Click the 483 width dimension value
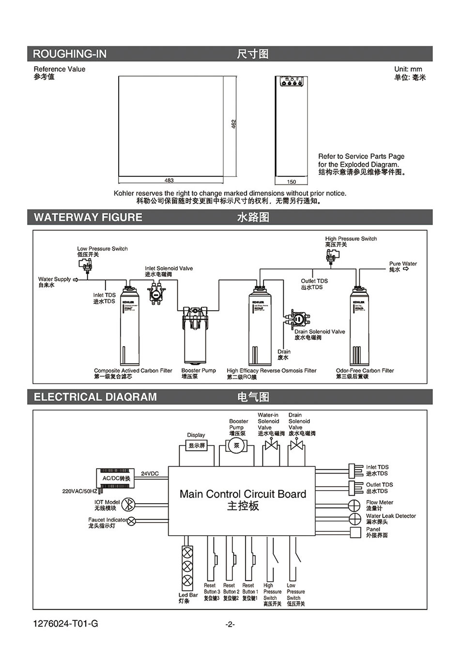click(x=169, y=181)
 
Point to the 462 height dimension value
click(x=233, y=124)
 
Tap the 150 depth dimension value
click(x=291, y=182)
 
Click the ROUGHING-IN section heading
click(x=69, y=54)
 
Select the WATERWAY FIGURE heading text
click(x=88, y=217)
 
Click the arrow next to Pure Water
click(x=406, y=270)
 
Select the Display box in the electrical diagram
click(x=196, y=445)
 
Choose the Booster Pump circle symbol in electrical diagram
click(x=237, y=446)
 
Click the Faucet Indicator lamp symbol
click(x=131, y=522)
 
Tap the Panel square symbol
click(x=356, y=532)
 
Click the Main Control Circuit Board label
click(x=243, y=494)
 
